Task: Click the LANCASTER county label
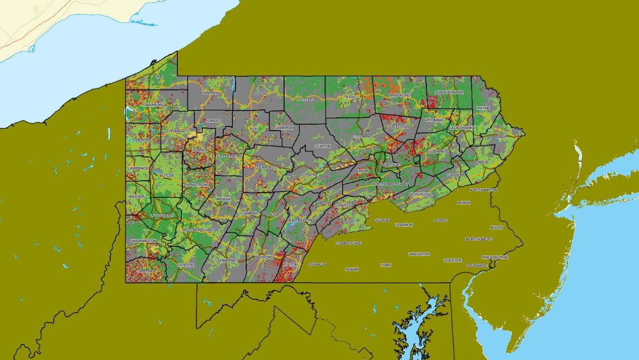[x=418, y=254]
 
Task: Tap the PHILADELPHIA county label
[x=494, y=257]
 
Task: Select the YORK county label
[x=386, y=265]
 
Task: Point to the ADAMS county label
[x=352, y=269]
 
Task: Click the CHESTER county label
[x=452, y=260]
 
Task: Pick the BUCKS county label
[x=496, y=228]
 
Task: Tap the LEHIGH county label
[x=464, y=203]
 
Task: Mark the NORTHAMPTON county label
[x=483, y=190]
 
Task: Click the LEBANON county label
[x=404, y=225]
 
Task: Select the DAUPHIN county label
[x=382, y=220]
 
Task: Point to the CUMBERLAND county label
[x=349, y=243]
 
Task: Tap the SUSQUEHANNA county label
[x=449, y=92]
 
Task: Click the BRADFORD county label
[x=400, y=95]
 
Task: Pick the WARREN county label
[x=211, y=93]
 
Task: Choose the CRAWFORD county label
[x=153, y=105]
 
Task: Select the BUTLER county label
[x=167, y=175]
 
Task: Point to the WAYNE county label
[x=483, y=108]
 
